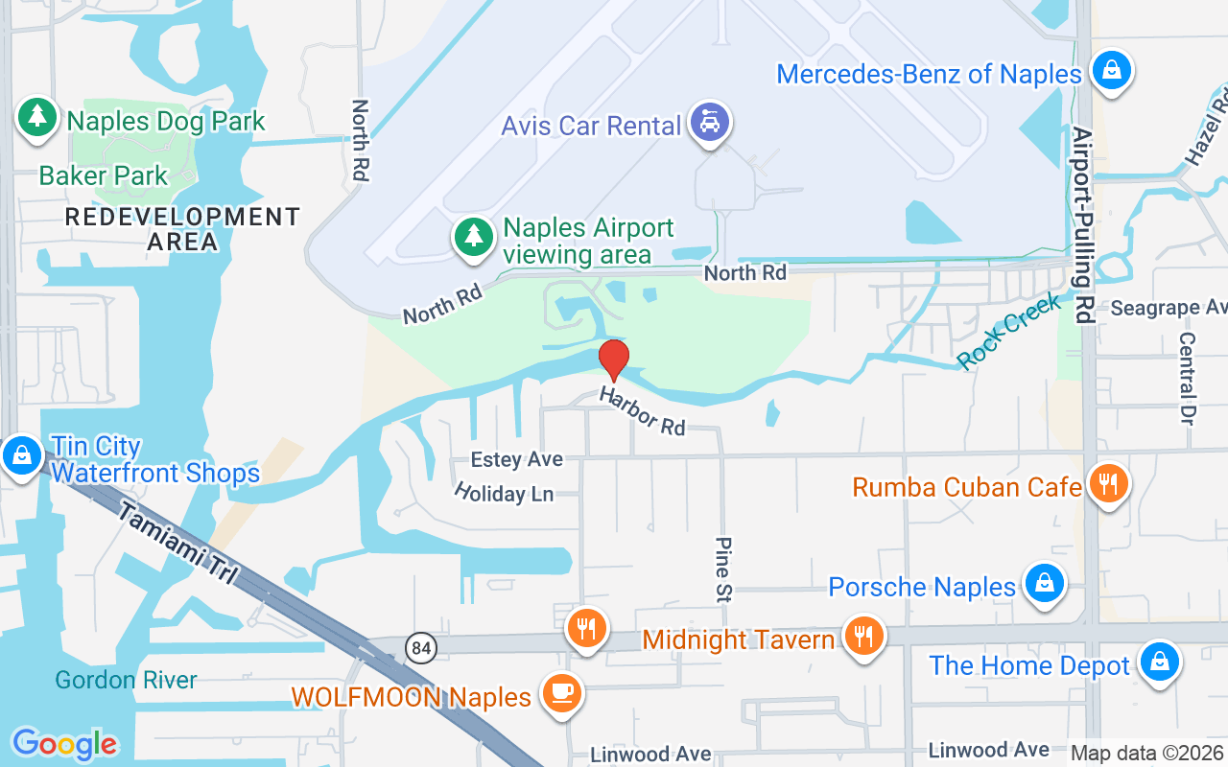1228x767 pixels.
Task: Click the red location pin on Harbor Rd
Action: (614, 360)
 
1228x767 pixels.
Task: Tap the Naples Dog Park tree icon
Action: (37, 117)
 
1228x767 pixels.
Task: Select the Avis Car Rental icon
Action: (711, 122)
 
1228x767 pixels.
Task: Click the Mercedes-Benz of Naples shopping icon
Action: (1112, 70)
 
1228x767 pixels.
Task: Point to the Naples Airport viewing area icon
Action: (472, 237)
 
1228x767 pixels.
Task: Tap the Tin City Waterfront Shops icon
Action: (20, 455)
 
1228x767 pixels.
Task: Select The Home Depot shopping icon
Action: (1159, 661)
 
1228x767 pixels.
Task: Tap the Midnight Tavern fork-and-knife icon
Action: (863, 636)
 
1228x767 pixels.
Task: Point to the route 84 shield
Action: (419, 648)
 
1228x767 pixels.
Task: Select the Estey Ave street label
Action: (517, 460)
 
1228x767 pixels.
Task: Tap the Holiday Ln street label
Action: (504, 493)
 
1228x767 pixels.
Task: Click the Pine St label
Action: (722, 569)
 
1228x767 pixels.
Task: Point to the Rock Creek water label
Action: (1009, 332)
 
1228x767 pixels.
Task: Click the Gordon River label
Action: (126, 681)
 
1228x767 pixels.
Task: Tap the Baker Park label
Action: (104, 176)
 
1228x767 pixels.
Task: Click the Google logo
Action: (64, 744)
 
